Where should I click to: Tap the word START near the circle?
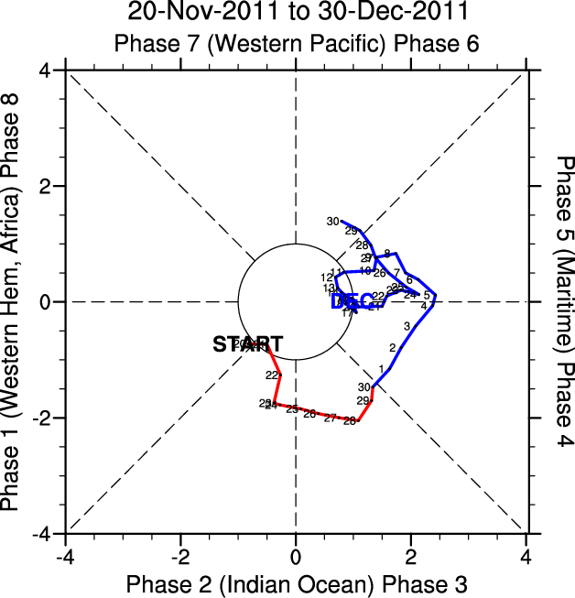247,344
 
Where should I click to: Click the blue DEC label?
352,301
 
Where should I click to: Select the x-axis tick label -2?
180,557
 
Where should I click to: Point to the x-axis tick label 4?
526,557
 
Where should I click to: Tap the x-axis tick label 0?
296,557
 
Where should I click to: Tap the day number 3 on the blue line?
407,326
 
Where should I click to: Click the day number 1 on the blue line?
381,368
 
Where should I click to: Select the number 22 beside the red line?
272,375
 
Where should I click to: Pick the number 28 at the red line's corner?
349,421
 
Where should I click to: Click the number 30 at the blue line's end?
333,222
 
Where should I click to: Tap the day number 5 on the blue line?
427,295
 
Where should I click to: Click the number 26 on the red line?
309,414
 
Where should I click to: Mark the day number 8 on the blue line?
386,254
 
